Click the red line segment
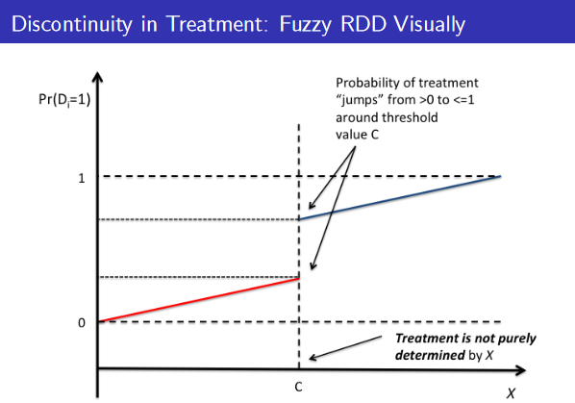pos(199,300)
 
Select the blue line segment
pos(400,197)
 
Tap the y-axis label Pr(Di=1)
pos(64,99)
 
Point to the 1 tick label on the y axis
pos(82,179)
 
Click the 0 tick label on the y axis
pos(82,323)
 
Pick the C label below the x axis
pos(298,387)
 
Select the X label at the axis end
pos(511,393)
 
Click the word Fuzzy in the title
pos(306,24)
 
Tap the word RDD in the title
pos(363,24)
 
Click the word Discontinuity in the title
pos(72,24)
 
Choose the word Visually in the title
pos(430,24)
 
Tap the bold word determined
pos(430,355)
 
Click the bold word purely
pos(516,339)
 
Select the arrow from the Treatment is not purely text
pos(345,347)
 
